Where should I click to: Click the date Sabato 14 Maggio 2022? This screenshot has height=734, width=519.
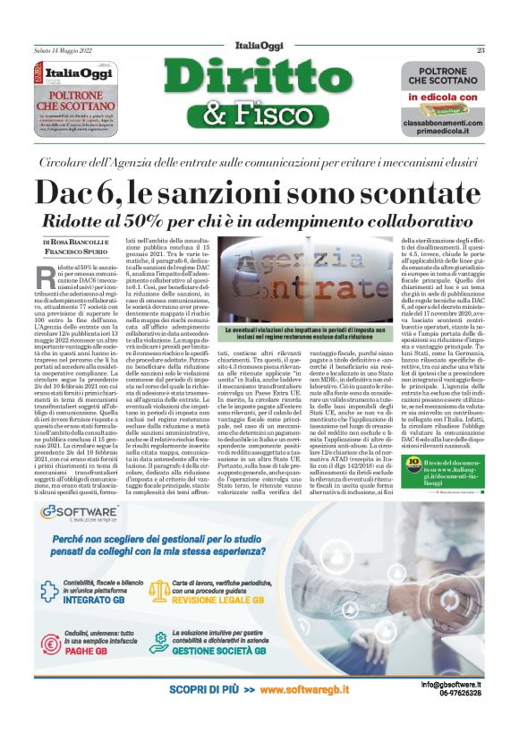click(62, 49)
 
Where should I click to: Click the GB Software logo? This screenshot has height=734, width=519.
click(81, 512)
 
